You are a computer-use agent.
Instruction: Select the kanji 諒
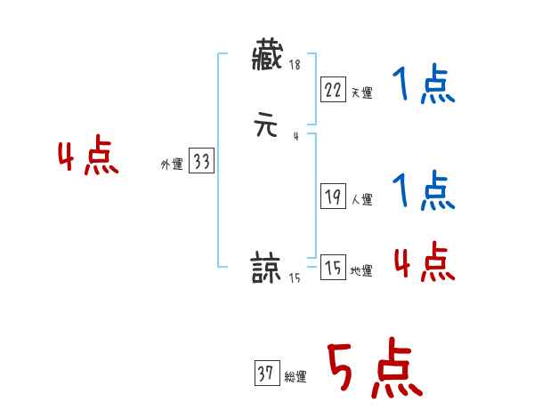[x=266, y=267]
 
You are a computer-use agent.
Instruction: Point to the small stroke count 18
[x=295, y=65]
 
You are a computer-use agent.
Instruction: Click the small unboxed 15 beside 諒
[x=294, y=278]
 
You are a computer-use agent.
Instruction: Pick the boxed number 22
[x=332, y=90]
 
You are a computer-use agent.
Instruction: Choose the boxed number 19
[x=332, y=197]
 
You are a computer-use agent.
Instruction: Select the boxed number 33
[x=201, y=162]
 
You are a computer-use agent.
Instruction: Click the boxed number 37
[x=266, y=374]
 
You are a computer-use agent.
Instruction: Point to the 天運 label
[x=361, y=92]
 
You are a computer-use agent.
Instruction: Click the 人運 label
[x=361, y=200]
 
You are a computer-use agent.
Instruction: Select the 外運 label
[x=172, y=165]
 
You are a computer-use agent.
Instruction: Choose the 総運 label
[x=295, y=377]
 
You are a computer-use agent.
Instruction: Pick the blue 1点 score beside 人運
[x=424, y=191]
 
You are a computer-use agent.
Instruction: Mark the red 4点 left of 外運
[x=88, y=158]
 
